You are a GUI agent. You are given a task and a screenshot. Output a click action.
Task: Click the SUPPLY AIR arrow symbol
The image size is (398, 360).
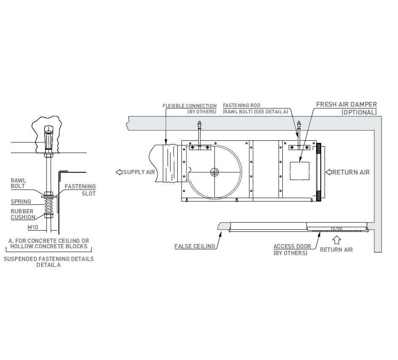click(119, 172)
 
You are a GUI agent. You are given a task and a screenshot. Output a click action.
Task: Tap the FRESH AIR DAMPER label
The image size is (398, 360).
click(347, 105)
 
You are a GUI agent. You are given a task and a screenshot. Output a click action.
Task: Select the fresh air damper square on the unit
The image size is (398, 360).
click(300, 171)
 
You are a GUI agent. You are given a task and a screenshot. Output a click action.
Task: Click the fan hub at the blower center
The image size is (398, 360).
click(214, 172)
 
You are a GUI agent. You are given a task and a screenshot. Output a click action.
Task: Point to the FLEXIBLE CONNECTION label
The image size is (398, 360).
click(190, 106)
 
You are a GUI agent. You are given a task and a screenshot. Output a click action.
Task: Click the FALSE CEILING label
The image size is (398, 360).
click(195, 246)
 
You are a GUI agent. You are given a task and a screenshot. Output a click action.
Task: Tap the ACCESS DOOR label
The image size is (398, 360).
click(292, 246)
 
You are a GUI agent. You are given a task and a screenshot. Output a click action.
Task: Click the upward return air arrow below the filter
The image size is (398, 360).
click(336, 240)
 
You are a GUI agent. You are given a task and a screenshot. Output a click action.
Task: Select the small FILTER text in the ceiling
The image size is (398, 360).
click(336, 228)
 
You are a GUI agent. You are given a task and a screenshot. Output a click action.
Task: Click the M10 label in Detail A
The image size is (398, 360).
click(33, 227)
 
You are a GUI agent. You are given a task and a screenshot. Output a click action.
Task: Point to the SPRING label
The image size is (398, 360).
click(21, 201)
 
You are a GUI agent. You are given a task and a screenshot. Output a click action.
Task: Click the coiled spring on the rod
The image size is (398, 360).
click(49, 206)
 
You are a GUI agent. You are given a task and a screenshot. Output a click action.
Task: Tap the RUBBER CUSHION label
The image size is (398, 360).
click(23, 214)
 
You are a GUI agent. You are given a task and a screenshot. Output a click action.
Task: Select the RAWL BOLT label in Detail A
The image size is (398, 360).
click(18, 183)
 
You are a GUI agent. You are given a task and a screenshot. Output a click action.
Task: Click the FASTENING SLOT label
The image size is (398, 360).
click(80, 190)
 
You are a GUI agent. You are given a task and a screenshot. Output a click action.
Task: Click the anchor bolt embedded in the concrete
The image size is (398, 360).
click(49, 138)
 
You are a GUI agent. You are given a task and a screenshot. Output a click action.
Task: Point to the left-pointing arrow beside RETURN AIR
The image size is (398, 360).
click(329, 172)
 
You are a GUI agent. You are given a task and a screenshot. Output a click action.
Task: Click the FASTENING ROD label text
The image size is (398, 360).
click(241, 105)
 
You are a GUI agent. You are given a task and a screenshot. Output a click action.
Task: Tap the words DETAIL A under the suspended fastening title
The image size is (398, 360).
click(49, 265)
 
